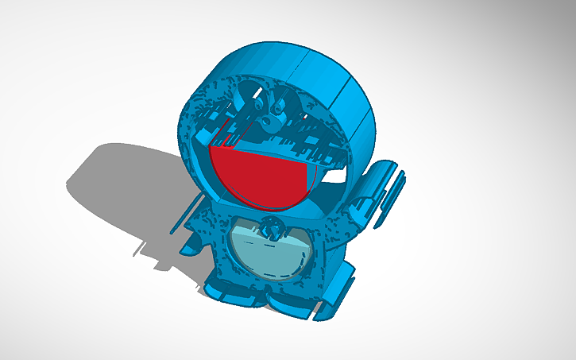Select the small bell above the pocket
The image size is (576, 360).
(272, 229)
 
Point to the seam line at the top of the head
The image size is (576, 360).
(306, 60)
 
